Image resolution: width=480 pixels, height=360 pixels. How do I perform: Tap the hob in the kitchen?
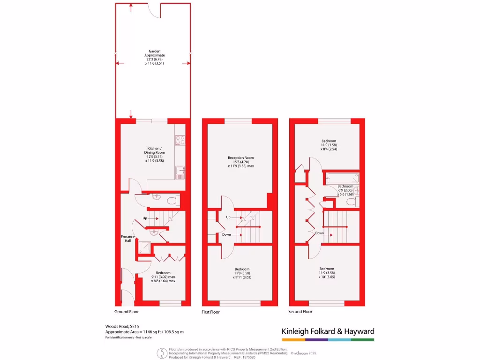(180, 140)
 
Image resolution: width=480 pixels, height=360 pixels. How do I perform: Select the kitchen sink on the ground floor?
(180, 172)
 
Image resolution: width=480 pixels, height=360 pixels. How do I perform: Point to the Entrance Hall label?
(128, 239)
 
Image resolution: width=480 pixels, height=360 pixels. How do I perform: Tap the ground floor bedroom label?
(163, 277)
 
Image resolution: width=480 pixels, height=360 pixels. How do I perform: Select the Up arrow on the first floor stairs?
(236, 217)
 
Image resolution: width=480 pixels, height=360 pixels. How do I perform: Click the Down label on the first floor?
(227, 234)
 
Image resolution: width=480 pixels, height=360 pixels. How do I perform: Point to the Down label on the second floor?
(319, 233)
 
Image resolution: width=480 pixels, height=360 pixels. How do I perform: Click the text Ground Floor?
(127, 312)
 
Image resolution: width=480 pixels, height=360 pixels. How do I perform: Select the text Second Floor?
(300, 312)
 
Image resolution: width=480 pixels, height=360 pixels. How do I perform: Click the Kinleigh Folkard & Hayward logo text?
(328, 331)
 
